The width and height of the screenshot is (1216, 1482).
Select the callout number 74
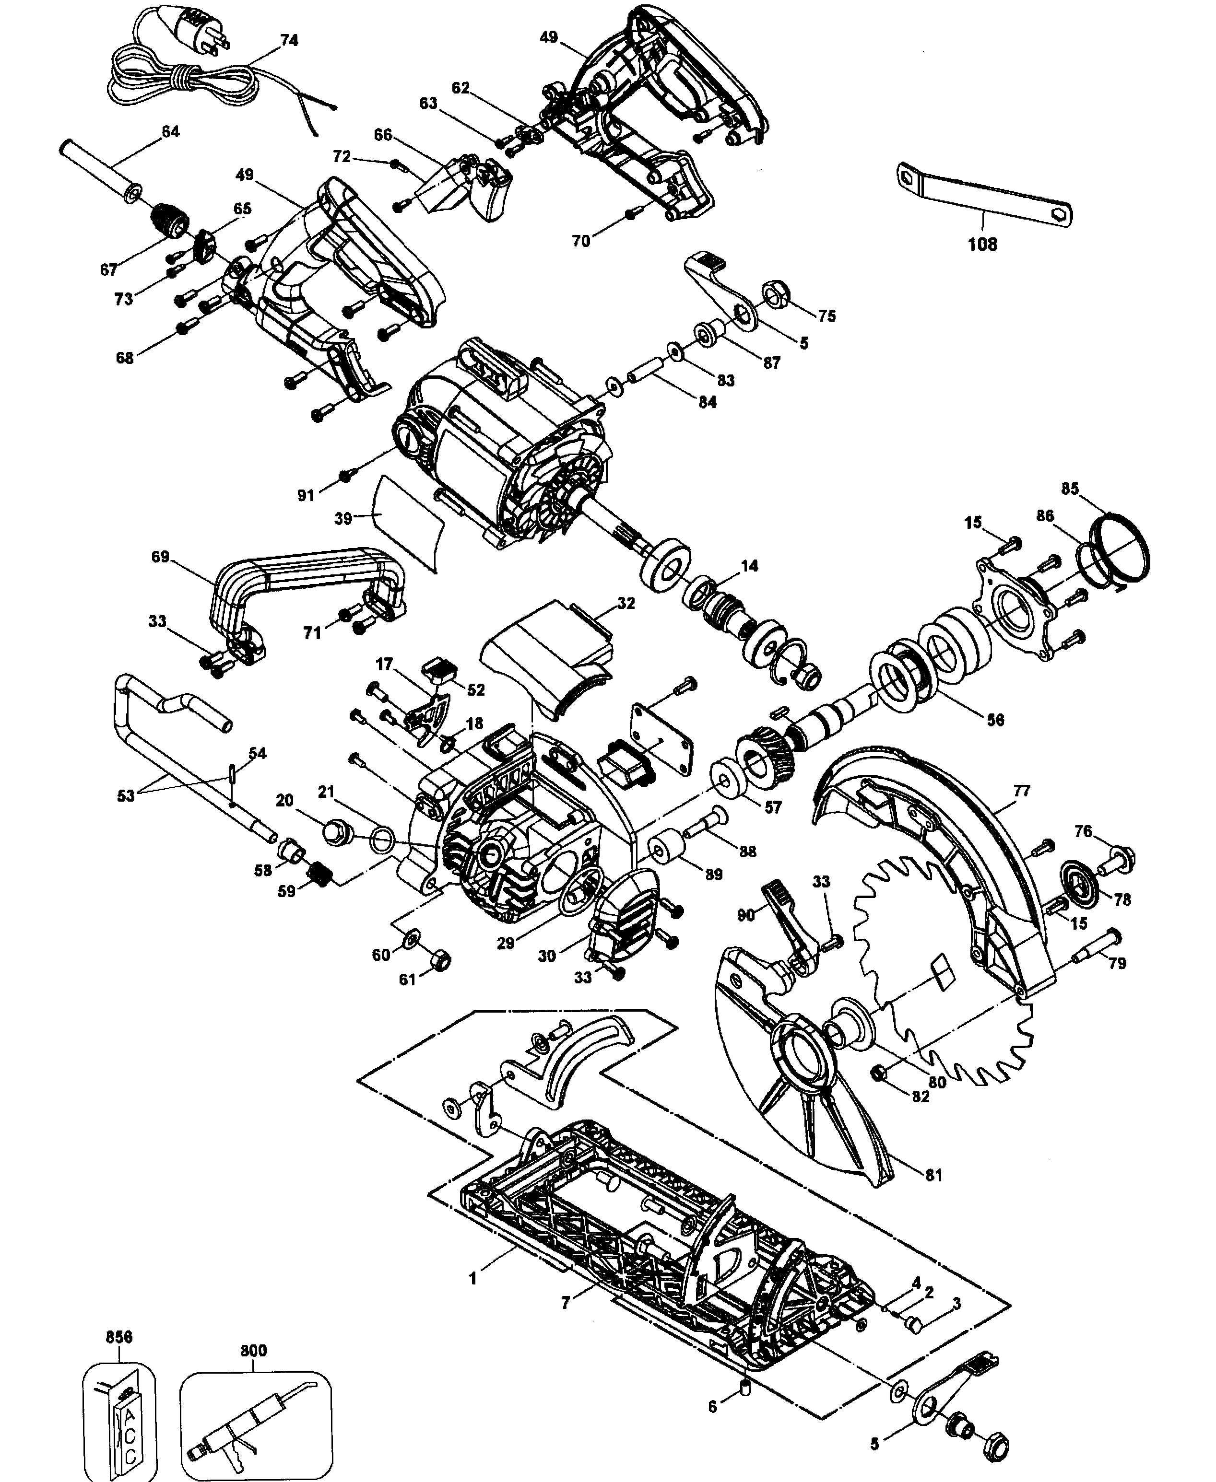pos(289,41)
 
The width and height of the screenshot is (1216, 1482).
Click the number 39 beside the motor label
pos(342,519)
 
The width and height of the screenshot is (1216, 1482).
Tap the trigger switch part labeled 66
pos(462,186)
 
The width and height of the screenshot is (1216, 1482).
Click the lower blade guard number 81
pos(934,1175)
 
